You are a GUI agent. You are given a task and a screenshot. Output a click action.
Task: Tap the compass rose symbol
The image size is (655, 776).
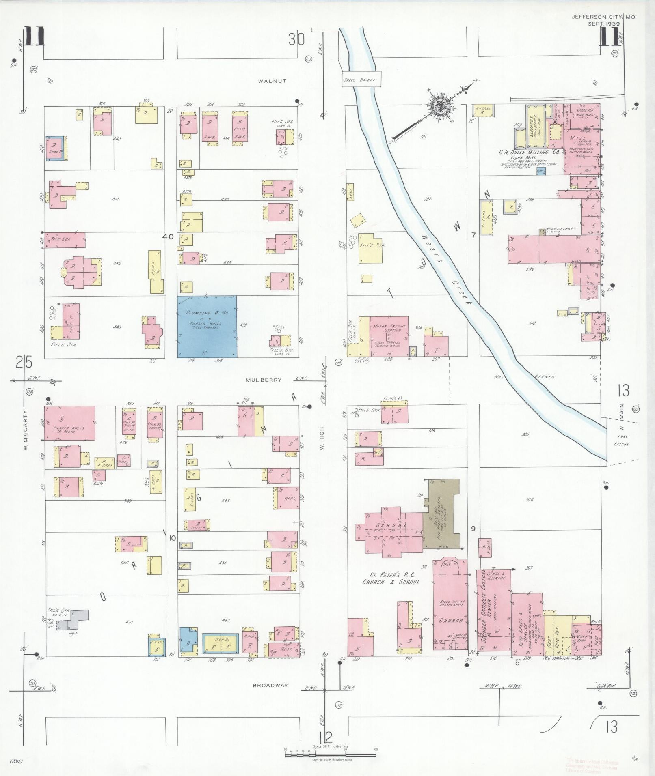(x=440, y=106)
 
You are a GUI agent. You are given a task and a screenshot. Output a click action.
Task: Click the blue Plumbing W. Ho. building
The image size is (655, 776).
(x=207, y=326)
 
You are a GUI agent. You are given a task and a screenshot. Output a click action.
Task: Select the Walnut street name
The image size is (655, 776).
(x=272, y=81)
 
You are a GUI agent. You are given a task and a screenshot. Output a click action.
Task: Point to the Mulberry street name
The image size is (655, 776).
(x=269, y=380)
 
